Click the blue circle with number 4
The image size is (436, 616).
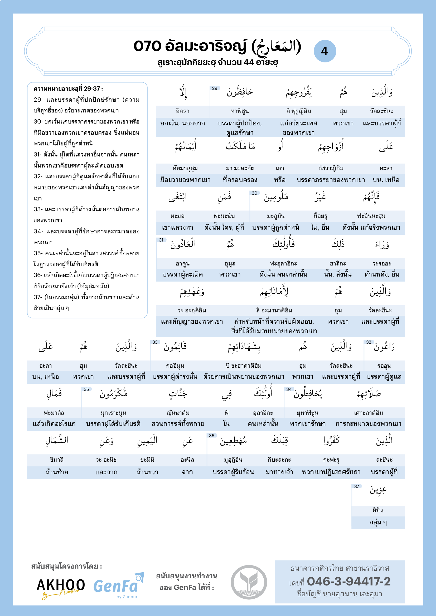(x=324, y=51)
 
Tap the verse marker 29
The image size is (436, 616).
(x=215, y=88)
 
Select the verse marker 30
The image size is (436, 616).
(x=254, y=193)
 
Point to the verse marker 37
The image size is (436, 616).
(x=357, y=486)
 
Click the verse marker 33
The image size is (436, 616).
(x=155, y=342)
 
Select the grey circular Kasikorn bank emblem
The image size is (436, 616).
(x=249, y=582)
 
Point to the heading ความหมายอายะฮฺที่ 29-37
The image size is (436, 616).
(x=68, y=89)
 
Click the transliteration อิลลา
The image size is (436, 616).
(x=183, y=111)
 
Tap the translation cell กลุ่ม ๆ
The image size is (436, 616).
(x=378, y=522)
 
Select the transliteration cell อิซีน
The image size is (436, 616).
(x=378, y=510)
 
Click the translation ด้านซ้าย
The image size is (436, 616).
(x=57, y=472)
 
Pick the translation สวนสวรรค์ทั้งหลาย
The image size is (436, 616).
(x=178, y=424)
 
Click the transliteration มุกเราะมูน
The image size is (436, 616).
(x=113, y=413)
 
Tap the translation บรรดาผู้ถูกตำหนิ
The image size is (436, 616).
(x=276, y=228)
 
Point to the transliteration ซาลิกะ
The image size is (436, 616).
(x=337, y=263)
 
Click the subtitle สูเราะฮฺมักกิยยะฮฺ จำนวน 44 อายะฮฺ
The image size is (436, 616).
(x=217, y=62)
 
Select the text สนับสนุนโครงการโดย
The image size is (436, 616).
(x=66, y=566)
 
